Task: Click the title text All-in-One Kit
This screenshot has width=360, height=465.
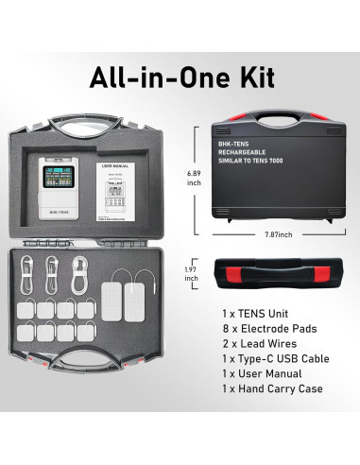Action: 180,78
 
